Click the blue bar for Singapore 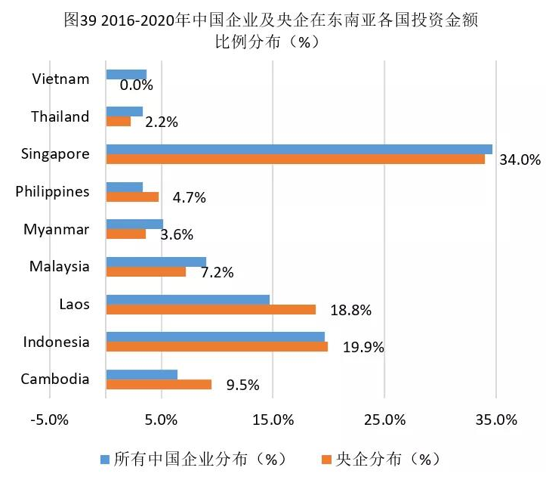pyautogui.click(x=299, y=149)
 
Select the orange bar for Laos pyautogui.click(x=211, y=309)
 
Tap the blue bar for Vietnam pyautogui.click(x=126, y=74)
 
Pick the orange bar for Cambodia pyautogui.click(x=159, y=384)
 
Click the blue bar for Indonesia pyautogui.click(x=215, y=336)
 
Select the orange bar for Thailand pyautogui.click(x=119, y=121)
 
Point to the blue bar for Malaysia pyautogui.click(x=156, y=262)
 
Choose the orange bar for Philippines pyautogui.click(x=132, y=197)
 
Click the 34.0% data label pyautogui.click(x=520, y=159)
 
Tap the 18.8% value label pyautogui.click(x=351, y=310)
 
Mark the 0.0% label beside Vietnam pyautogui.click(x=137, y=85)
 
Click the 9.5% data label pyautogui.click(x=243, y=385)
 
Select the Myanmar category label pyautogui.click(x=57, y=228)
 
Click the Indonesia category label pyautogui.click(x=56, y=342)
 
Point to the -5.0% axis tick pyautogui.click(x=51, y=420)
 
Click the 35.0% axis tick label pyautogui.click(x=496, y=420)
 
